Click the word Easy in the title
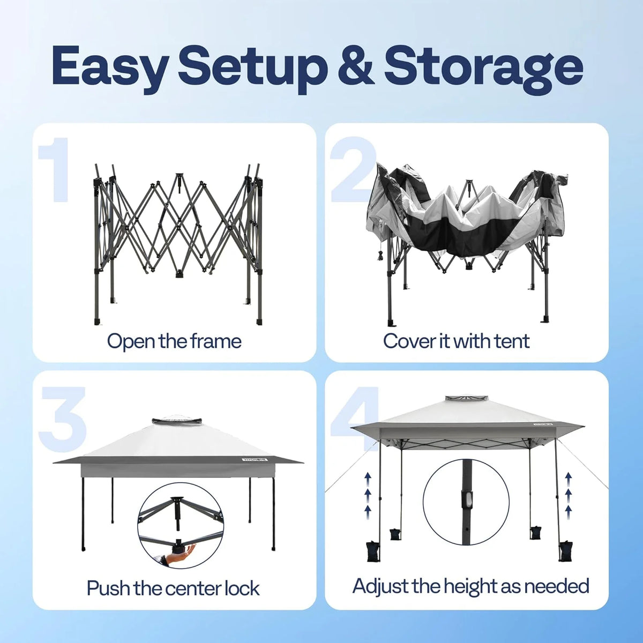pos(110,65)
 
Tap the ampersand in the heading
pos(355,65)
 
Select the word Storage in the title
pos(484,68)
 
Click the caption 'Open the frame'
pos(174,342)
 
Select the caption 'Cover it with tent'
pos(456,341)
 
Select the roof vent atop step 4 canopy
pos(466,399)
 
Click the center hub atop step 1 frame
pos(180,176)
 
